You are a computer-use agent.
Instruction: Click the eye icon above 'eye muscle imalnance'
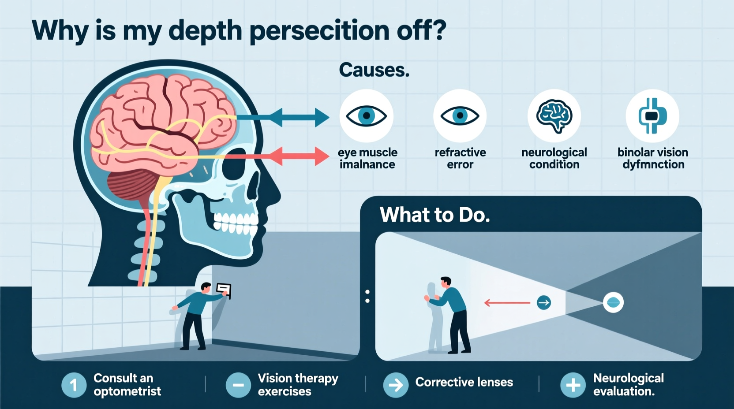pyautogui.click(x=366, y=116)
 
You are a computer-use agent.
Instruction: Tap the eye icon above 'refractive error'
pyautogui.click(x=460, y=116)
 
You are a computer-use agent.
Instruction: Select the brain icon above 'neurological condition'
pyautogui.click(x=554, y=116)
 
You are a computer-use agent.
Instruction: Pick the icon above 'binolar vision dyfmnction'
pyautogui.click(x=652, y=116)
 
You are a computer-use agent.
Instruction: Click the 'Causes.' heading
pyautogui.click(x=374, y=70)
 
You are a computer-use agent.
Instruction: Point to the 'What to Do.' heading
pyautogui.click(x=434, y=215)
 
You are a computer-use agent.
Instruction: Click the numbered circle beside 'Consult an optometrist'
pyautogui.click(x=74, y=385)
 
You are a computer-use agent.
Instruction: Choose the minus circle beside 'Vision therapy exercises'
pyautogui.click(x=238, y=385)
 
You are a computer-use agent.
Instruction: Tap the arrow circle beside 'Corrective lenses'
pyautogui.click(x=396, y=385)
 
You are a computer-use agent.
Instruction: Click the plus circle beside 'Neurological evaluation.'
pyautogui.click(x=573, y=385)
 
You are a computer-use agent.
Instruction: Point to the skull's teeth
pyautogui.click(x=236, y=223)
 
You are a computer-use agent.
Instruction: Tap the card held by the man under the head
pyautogui.click(x=224, y=290)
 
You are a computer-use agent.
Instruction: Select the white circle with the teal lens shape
pyautogui.click(x=613, y=303)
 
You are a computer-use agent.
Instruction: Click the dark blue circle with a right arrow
pyautogui.click(x=544, y=303)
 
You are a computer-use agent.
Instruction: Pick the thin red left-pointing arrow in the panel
pyautogui.click(x=507, y=303)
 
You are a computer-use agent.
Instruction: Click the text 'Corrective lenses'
pyautogui.click(x=464, y=382)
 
